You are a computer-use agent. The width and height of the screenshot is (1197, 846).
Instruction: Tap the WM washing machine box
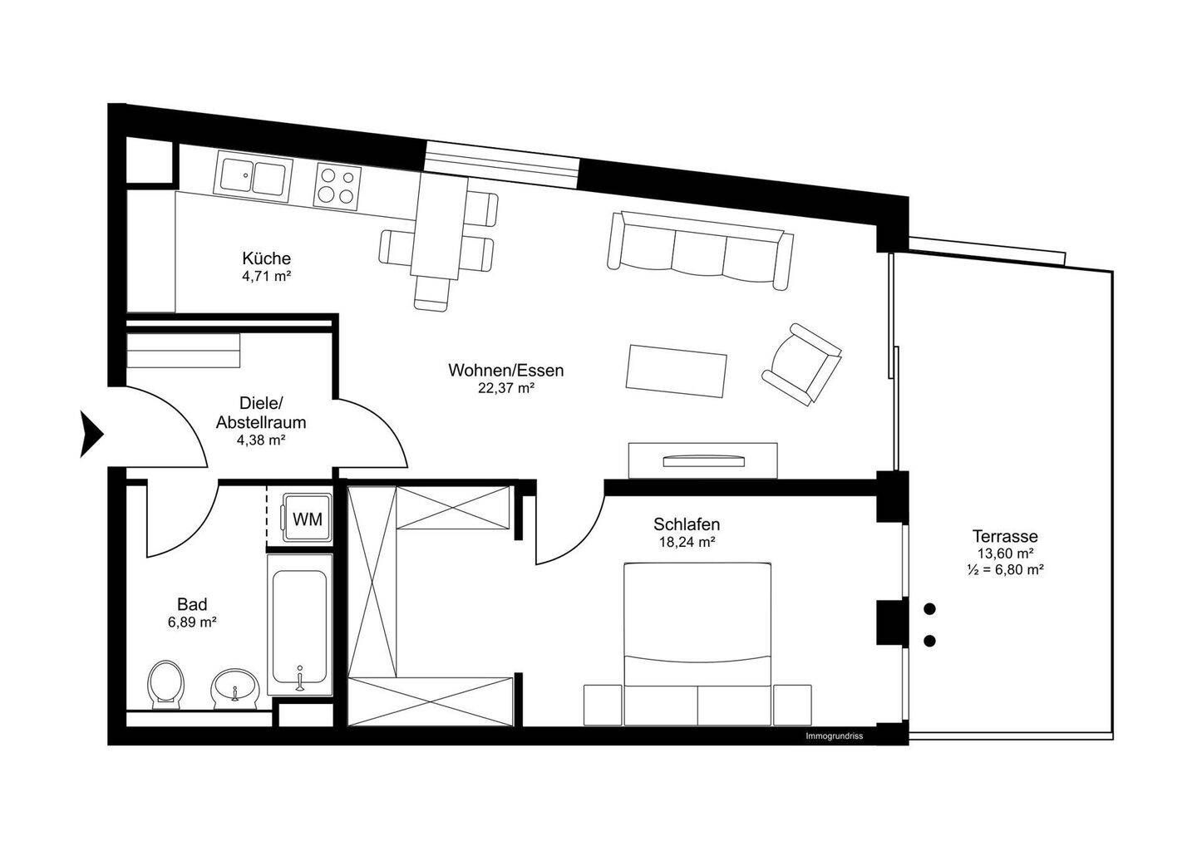[x=307, y=519]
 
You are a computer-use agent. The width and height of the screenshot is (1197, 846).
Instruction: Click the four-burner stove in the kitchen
[x=338, y=184]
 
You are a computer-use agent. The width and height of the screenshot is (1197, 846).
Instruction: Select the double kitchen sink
[x=253, y=177]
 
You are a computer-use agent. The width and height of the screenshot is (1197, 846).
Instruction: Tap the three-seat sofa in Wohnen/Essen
[x=698, y=250]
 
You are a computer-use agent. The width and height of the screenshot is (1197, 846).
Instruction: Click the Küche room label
[x=266, y=258]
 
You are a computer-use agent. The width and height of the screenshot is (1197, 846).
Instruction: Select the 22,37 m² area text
[x=505, y=388]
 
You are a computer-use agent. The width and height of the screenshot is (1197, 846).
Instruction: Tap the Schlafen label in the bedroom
[x=686, y=524]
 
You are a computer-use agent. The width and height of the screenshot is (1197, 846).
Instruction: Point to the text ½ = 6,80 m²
[x=1006, y=570]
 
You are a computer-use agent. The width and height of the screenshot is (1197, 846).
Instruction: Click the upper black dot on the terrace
[x=929, y=609]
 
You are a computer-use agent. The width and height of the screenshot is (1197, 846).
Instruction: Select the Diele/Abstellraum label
[x=261, y=413]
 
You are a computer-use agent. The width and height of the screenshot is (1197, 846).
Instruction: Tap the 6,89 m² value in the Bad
[x=192, y=622]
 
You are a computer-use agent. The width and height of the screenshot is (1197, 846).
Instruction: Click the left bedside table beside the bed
[x=603, y=706]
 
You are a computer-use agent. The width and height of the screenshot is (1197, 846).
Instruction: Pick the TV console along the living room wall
[x=703, y=460]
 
